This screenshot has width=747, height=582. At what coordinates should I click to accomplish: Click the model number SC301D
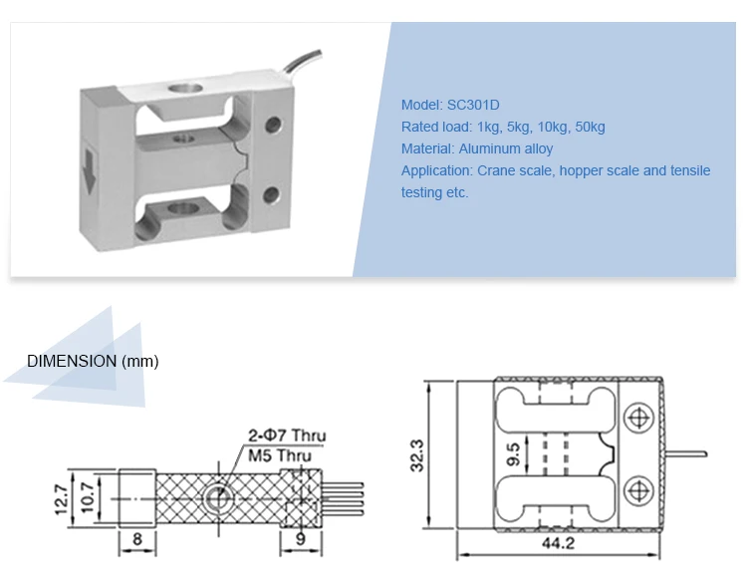(x=473, y=105)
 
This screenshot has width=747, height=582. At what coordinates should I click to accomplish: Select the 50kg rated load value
(x=590, y=127)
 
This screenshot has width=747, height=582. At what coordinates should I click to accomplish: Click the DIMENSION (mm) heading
(x=93, y=362)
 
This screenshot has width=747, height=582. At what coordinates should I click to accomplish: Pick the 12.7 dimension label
(x=62, y=499)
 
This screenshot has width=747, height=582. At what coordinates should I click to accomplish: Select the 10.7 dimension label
(x=88, y=497)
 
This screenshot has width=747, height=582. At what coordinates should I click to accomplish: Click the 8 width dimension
(x=137, y=539)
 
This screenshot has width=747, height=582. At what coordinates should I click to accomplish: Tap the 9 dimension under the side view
(x=300, y=539)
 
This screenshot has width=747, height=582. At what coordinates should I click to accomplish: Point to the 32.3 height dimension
(x=416, y=455)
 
